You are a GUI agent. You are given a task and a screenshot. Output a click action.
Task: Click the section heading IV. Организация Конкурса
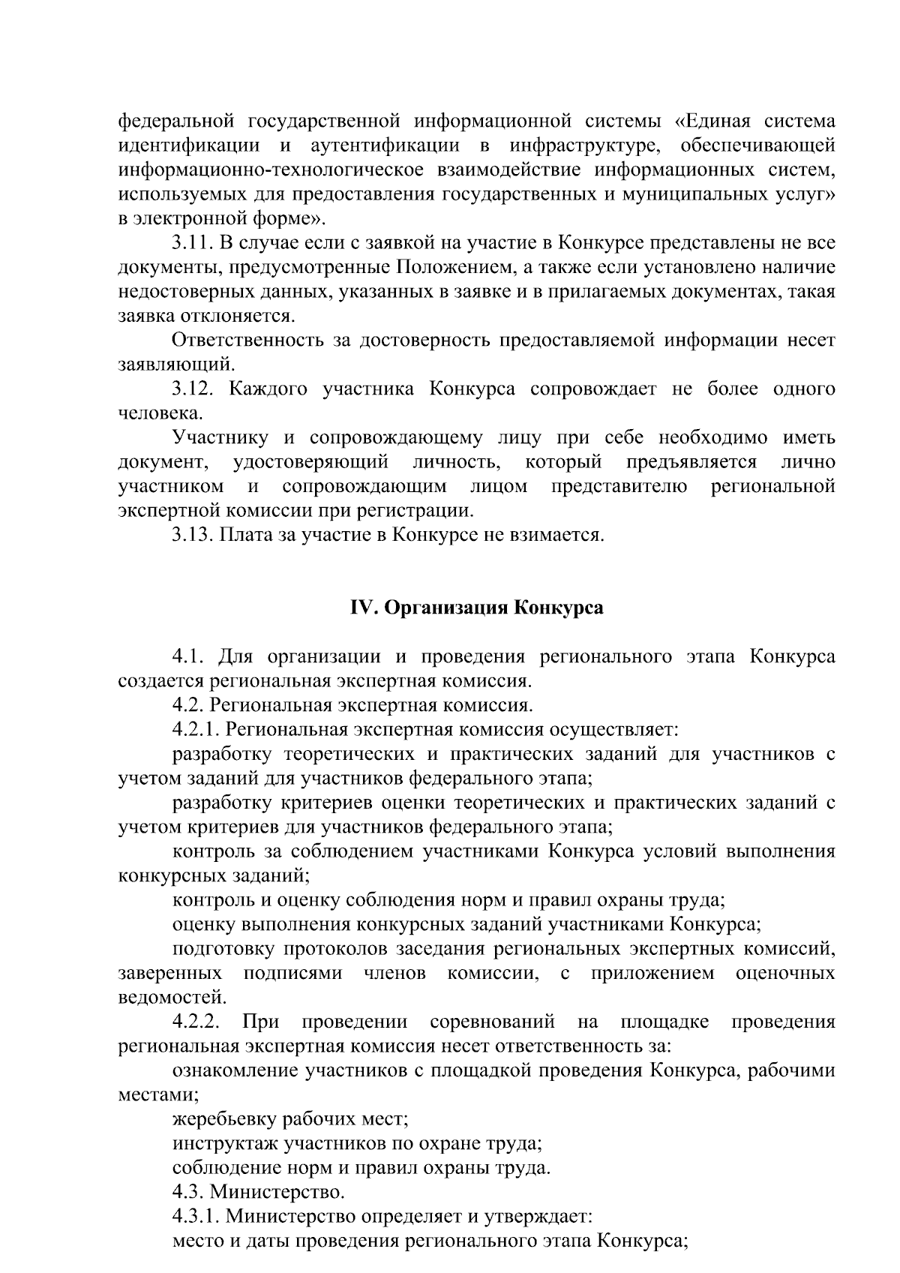[476, 608]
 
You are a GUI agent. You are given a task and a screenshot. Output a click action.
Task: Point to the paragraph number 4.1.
[189, 657]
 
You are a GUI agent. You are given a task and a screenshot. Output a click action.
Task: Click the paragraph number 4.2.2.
[196, 1022]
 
